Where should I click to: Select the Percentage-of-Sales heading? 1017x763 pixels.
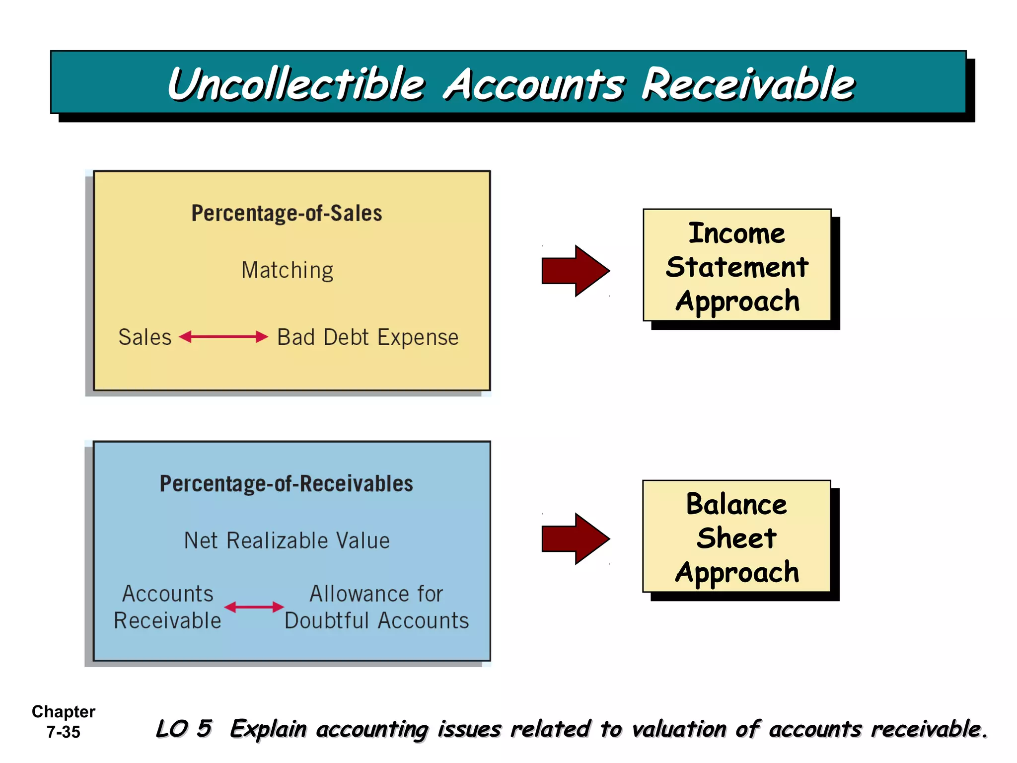[287, 214]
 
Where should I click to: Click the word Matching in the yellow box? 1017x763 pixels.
[287, 271]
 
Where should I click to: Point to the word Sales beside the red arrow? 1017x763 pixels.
[145, 337]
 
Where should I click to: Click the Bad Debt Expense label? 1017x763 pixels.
[367, 337]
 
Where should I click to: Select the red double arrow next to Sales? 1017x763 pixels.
[223, 337]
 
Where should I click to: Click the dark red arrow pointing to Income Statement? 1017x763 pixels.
[575, 271]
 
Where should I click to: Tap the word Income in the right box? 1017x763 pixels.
[736, 233]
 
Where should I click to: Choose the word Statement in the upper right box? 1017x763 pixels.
[737, 267]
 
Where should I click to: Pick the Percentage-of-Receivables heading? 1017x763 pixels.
[286, 484]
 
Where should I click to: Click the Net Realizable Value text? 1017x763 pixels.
[287, 540]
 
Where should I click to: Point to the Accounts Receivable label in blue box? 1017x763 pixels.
[167, 607]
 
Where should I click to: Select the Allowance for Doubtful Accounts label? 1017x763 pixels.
[376, 607]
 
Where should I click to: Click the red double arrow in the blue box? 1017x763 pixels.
[254, 607]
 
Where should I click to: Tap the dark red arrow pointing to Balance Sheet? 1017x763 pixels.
[575, 539]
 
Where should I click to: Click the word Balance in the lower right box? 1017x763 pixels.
[736, 505]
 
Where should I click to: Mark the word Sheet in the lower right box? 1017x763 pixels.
[736, 538]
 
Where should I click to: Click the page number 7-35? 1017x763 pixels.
[63, 732]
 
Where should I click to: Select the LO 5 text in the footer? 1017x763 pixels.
[184, 729]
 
